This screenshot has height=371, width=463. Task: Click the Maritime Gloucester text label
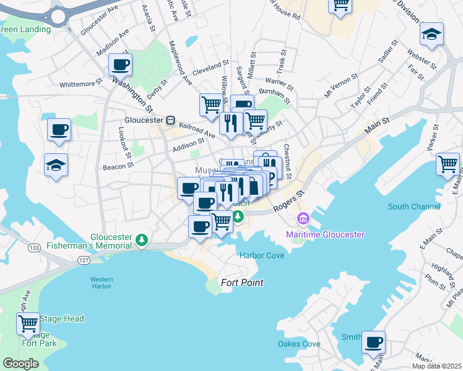pyautogui.click(x=325, y=234)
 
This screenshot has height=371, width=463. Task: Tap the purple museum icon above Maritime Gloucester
pyautogui.click(x=303, y=218)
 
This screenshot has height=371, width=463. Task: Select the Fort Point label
pyautogui.click(x=242, y=283)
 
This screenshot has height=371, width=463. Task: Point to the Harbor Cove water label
pyautogui.click(x=262, y=255)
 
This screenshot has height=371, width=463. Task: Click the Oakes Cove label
pyautogui.click(x=299, y=344)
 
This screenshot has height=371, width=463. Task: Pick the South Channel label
pyautogui.click(x=414, y=207)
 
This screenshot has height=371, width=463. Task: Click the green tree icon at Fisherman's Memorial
pyautogui.click(x=142, y=239)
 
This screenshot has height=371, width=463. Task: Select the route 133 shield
pyautogui.click(x=33, y=248)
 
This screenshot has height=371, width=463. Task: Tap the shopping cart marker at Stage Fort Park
pyautogui.click(x=28, y=323)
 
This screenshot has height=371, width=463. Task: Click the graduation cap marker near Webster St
pyautogui.click(x=431, y=34)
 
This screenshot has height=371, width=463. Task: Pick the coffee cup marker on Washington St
pyautogui.click(x=120, y=64)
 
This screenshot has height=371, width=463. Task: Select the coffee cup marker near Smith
pyautogui.click(x=373, y=342)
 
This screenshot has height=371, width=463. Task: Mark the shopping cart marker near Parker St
pyautogui.click(x=448, y=164)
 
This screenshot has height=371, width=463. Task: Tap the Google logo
pyautogui.click(x=20, y=364)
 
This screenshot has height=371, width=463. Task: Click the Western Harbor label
pyautogui.click(x=101, y=283)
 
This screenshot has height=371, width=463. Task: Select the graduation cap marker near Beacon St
pyautogui.click(x=56, y=165)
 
